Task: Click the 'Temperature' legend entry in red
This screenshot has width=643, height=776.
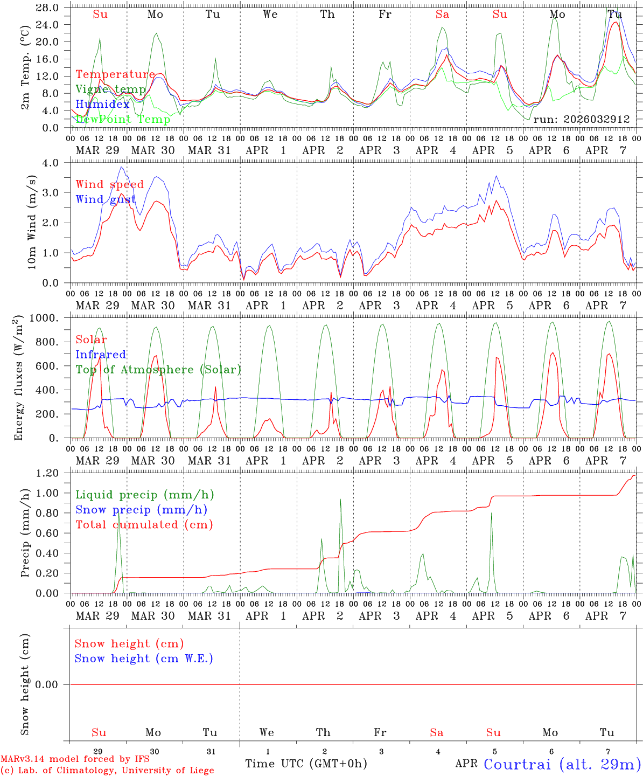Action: [x=115, y=74]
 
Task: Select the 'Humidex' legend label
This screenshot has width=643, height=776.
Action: [x=102, y=105]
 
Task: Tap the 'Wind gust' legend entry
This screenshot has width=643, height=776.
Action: [x=106, y=199]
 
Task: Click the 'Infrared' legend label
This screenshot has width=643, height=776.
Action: [x=101, y=355]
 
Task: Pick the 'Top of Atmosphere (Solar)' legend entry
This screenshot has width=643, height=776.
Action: [x=158, y=370]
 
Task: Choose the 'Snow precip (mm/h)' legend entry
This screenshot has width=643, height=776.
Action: [x=141, y=510]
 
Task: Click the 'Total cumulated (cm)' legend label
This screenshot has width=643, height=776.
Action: [x=144, y=525]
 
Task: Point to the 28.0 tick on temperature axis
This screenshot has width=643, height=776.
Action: [x=48, y=8]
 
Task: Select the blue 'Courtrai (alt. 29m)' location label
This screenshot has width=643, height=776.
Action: [x=562, y=764]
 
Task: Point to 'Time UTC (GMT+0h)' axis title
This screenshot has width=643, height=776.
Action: [x=306, y=764]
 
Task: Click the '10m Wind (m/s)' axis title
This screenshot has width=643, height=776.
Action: [x=32, y=222]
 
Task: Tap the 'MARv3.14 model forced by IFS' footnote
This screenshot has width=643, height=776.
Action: [x=75, y=759]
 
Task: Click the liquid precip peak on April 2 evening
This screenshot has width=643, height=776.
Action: [x=340, y=499]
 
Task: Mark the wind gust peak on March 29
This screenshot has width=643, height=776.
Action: [x=122, y=167]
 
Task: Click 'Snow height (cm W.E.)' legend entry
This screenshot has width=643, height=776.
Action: [x=144, y=659]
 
